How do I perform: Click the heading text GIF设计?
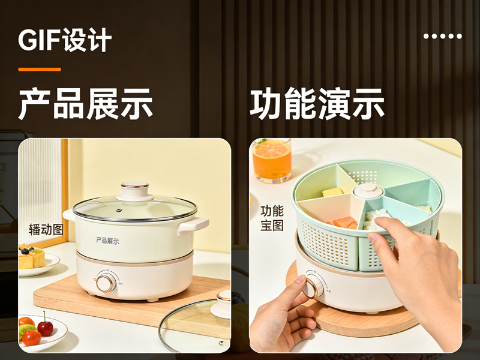point(65,40)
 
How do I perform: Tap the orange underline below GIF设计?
point(40,70)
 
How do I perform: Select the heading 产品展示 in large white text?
point(85,104)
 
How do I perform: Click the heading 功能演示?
point(317,104)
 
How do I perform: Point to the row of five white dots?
point(443,36)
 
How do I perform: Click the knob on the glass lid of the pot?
point(134,191)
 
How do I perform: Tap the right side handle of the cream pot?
point(193,226)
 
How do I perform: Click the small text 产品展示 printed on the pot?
point(107,241)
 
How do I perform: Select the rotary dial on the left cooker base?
point(106,283)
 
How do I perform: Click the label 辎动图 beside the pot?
point(46,230)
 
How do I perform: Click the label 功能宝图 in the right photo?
point(272,218)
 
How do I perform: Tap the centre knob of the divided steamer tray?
point(368,191)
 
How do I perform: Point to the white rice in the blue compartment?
point(377,218)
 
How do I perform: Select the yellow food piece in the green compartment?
point(333,192)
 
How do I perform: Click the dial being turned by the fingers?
point(313,284)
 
